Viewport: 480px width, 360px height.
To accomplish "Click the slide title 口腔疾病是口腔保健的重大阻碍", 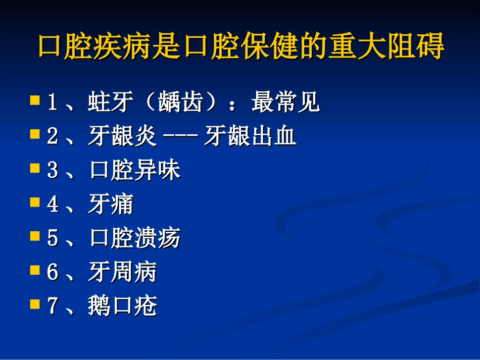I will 241,47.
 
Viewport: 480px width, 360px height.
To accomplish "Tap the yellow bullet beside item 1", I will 35,99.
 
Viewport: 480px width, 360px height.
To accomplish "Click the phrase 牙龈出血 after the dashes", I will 250,137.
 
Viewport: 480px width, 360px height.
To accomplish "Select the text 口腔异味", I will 134,171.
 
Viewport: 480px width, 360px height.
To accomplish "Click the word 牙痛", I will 110,204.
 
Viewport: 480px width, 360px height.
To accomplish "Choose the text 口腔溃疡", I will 134,238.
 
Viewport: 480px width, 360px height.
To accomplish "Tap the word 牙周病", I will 122,272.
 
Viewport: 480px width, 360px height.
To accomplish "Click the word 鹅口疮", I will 122,306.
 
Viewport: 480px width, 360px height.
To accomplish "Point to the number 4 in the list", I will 52,205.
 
